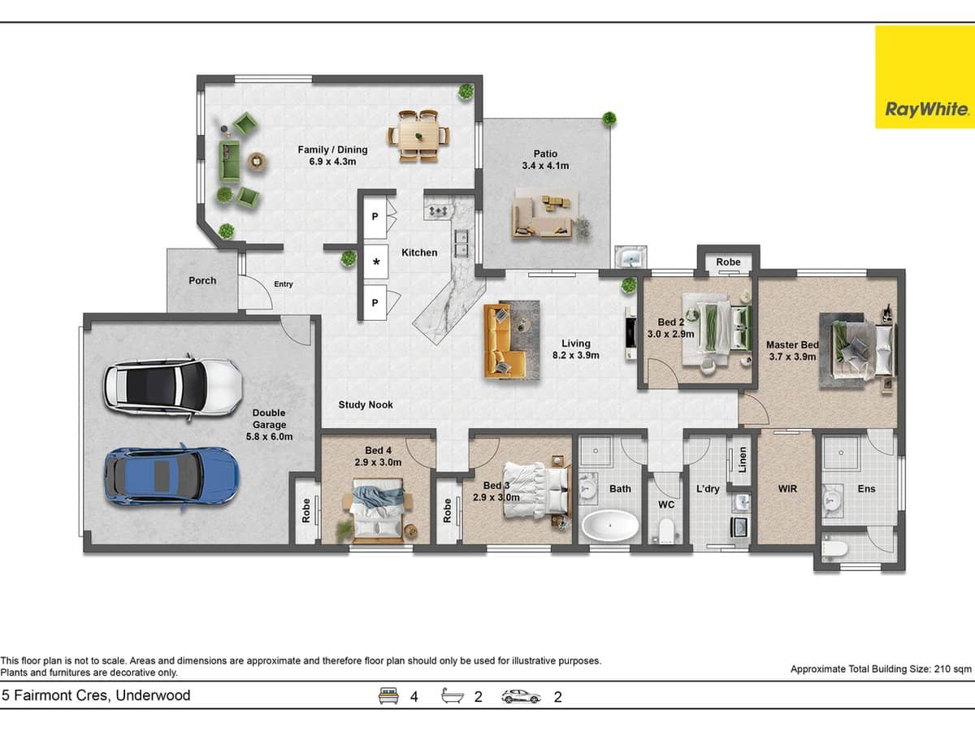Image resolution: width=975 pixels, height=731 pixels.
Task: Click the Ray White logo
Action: tap(924, 77)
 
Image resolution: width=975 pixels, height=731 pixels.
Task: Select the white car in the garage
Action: tap(172, 387)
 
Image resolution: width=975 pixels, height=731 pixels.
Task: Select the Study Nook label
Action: tap(366, 404)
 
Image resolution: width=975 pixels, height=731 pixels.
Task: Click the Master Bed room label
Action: tap(792, 345)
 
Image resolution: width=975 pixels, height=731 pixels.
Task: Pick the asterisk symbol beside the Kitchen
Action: tap(376, 262)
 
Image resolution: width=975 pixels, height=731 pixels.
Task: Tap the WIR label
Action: tap(787, 489)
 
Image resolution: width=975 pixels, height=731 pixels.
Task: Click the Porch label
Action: tap(202, 280)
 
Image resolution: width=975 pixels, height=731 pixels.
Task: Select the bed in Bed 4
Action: tap(376, 510)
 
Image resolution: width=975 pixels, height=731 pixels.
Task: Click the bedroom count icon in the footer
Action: tap(389, 696)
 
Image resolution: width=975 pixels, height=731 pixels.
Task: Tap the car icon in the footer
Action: tap(522, 696)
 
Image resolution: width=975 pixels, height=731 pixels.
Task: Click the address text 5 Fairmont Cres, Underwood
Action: tap(96, 695)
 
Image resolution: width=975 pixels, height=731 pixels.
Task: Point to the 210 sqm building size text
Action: tap(881, 669)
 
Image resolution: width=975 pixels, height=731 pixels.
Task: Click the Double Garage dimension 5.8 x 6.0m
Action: tap(269, 436)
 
